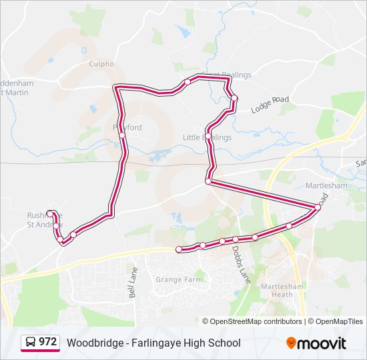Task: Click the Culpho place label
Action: (101, 64)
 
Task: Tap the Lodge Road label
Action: (270, 103)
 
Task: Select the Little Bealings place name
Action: (208, 138)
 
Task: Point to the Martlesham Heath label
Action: (278, 290)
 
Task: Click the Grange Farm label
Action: (179, 279)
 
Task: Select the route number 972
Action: (47, 342)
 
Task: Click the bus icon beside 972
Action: (31, 343)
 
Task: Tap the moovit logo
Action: (316, 343)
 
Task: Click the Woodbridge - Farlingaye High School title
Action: (153, 343)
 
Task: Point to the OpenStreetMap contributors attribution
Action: (256, 321)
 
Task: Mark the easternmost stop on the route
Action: (318, 207)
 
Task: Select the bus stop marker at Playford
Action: (122, 135)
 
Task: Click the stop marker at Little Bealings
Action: (209, 136)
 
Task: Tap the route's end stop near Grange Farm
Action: (179, 249)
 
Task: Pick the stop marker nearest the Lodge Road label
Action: (234, 99)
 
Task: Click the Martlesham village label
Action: (326, 186)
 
